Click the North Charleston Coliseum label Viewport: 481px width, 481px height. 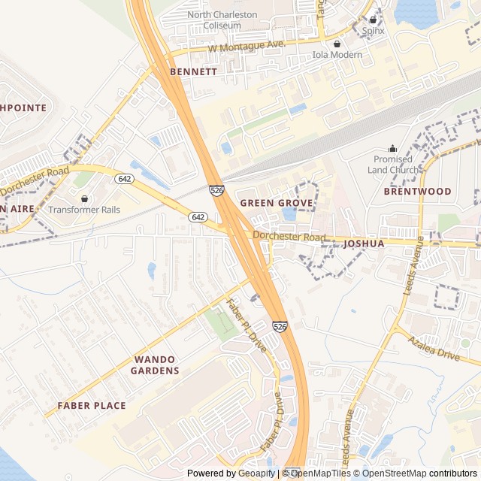(x=222, y=20)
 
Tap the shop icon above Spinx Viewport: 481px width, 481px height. (x=373, y=20)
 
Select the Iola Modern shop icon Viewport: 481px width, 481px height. (x=337, y=44)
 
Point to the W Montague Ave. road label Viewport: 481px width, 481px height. (x=247, y=47)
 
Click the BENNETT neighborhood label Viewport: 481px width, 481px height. (x=193, y=71)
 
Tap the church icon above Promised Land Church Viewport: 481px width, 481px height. (x=392, y=148)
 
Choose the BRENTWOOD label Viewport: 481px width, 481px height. (x=417, y=191)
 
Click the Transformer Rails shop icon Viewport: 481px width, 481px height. (x=84, y=198)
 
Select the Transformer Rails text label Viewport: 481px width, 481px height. (x=84, y=210)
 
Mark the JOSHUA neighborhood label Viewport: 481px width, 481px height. (x=363, y=244)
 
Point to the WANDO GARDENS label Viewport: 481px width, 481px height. (x=155, y=365)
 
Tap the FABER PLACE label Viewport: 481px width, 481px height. (x=92, y=405)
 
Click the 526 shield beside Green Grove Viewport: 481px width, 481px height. (x=216, y=192)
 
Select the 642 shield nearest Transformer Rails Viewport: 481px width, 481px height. (x=125, y=179)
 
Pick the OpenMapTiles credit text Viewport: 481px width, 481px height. (x=320, y=473)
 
